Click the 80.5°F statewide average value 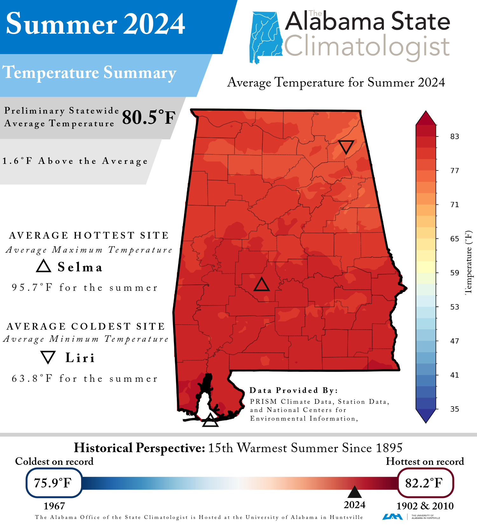tap(149, 117)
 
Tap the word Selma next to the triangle tap(80, 267)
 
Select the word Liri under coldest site tap(80, 358)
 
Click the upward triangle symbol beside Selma tap(44, 266)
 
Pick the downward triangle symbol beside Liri tap(48, 357)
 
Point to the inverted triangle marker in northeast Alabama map tap(346, 146)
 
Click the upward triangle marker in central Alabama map tap(261, 285)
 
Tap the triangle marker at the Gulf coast tap(210, 421)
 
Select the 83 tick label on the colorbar tap(454, 136)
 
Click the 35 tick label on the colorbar tap(454, 409)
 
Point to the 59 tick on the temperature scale tap(454, 273)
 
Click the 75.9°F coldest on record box tap(54, 483)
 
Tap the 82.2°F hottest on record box tap(425, 483)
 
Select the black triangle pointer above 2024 tap(355, 492)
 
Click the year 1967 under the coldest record tap(54, 506)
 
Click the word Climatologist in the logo tap(366, 47)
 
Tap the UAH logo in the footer tap(392, 516)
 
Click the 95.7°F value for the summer tap(32, 288)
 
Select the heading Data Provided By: tap(293, 390)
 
